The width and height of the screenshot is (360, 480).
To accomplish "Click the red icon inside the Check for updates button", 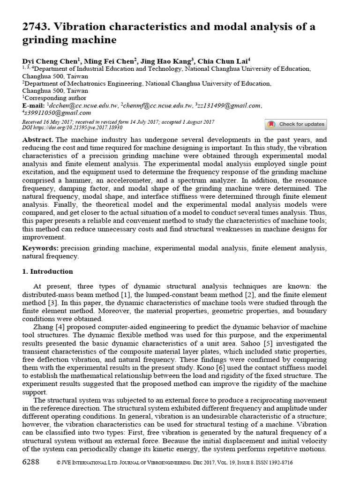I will point(271,125).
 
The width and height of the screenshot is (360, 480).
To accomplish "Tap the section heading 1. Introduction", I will point(47,271).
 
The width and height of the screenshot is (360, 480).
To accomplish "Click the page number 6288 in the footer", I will point(32,462).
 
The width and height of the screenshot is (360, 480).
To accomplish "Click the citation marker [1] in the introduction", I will point(140,294).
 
